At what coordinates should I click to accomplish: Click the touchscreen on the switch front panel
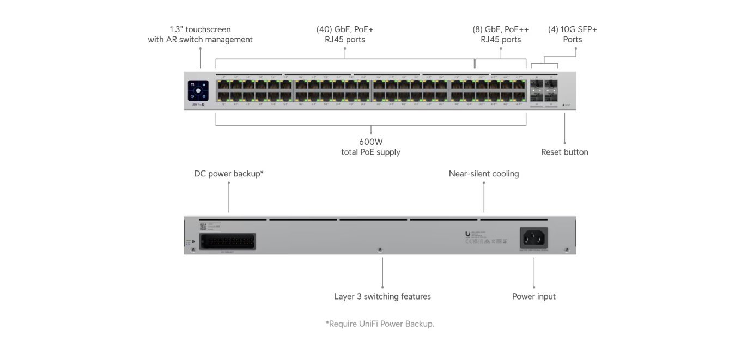198,90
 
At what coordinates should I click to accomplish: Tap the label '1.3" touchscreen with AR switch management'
200,34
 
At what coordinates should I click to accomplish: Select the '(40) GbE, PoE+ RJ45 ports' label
344,34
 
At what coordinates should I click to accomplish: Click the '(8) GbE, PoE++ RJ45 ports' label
500,34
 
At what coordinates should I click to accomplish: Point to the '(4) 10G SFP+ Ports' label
572,34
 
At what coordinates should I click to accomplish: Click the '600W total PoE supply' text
370,147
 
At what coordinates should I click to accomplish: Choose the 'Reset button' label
564,152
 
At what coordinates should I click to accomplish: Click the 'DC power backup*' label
229,174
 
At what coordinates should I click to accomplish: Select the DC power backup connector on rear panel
228,241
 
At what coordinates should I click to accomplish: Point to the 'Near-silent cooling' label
483,174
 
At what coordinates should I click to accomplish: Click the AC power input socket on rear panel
534,237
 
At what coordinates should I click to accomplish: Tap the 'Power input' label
533,296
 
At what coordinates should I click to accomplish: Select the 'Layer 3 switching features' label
382,296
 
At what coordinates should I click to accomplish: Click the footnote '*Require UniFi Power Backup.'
380,324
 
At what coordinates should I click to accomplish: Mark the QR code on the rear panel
203,226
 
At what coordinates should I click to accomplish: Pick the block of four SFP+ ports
544,91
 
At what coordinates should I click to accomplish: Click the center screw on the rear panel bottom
380,250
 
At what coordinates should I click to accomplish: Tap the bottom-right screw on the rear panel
567,250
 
